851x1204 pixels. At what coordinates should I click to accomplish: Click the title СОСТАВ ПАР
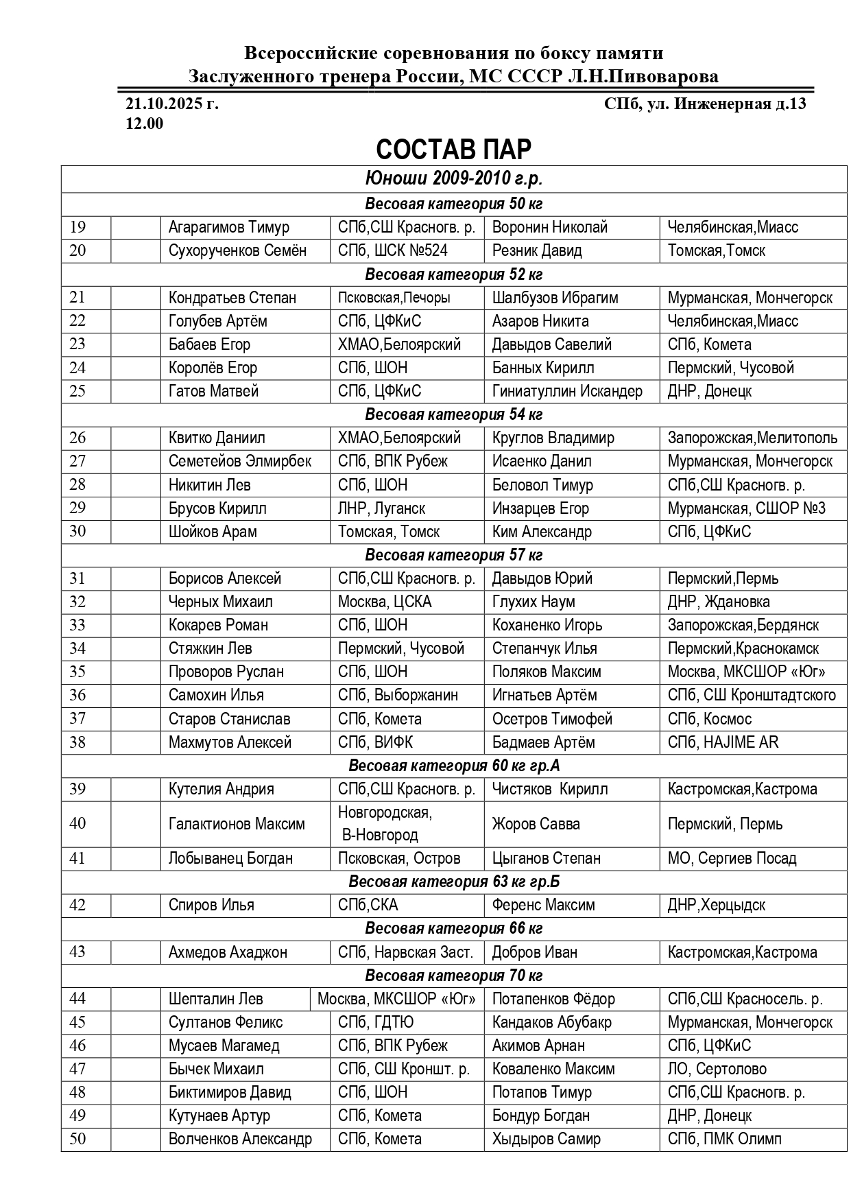(453, 150)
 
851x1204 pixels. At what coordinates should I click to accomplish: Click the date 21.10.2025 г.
(171, 104)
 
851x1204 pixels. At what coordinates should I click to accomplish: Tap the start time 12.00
(144, 124)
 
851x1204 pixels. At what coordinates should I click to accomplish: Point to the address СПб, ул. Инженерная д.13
(704, 104)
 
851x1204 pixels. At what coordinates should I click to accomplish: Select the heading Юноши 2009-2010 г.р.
(453, 179)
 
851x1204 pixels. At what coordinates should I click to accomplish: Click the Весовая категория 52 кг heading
(453, 274)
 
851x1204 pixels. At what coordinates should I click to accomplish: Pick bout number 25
(77, 391)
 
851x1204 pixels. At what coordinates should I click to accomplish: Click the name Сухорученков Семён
(237, 250)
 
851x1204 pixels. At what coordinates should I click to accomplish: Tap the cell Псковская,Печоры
(394, 298)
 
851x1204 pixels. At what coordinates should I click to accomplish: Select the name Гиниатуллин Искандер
(567, 391)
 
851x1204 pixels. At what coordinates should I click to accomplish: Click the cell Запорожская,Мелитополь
(752, 438)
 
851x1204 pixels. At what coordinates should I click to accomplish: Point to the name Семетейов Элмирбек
(239, 461)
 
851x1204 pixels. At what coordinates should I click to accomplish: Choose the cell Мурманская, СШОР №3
(746, 508)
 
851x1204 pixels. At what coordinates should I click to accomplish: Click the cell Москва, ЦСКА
(384, 602)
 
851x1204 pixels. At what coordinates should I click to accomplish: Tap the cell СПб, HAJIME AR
(723, 742)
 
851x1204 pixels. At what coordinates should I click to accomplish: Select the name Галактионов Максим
(237, 823)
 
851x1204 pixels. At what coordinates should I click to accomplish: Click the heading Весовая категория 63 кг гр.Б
(453, 882)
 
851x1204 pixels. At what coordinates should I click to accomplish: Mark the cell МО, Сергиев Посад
(732, 858)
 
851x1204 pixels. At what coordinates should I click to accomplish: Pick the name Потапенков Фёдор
(553, 999)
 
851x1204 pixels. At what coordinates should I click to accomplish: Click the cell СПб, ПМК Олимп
(724, 1139)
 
